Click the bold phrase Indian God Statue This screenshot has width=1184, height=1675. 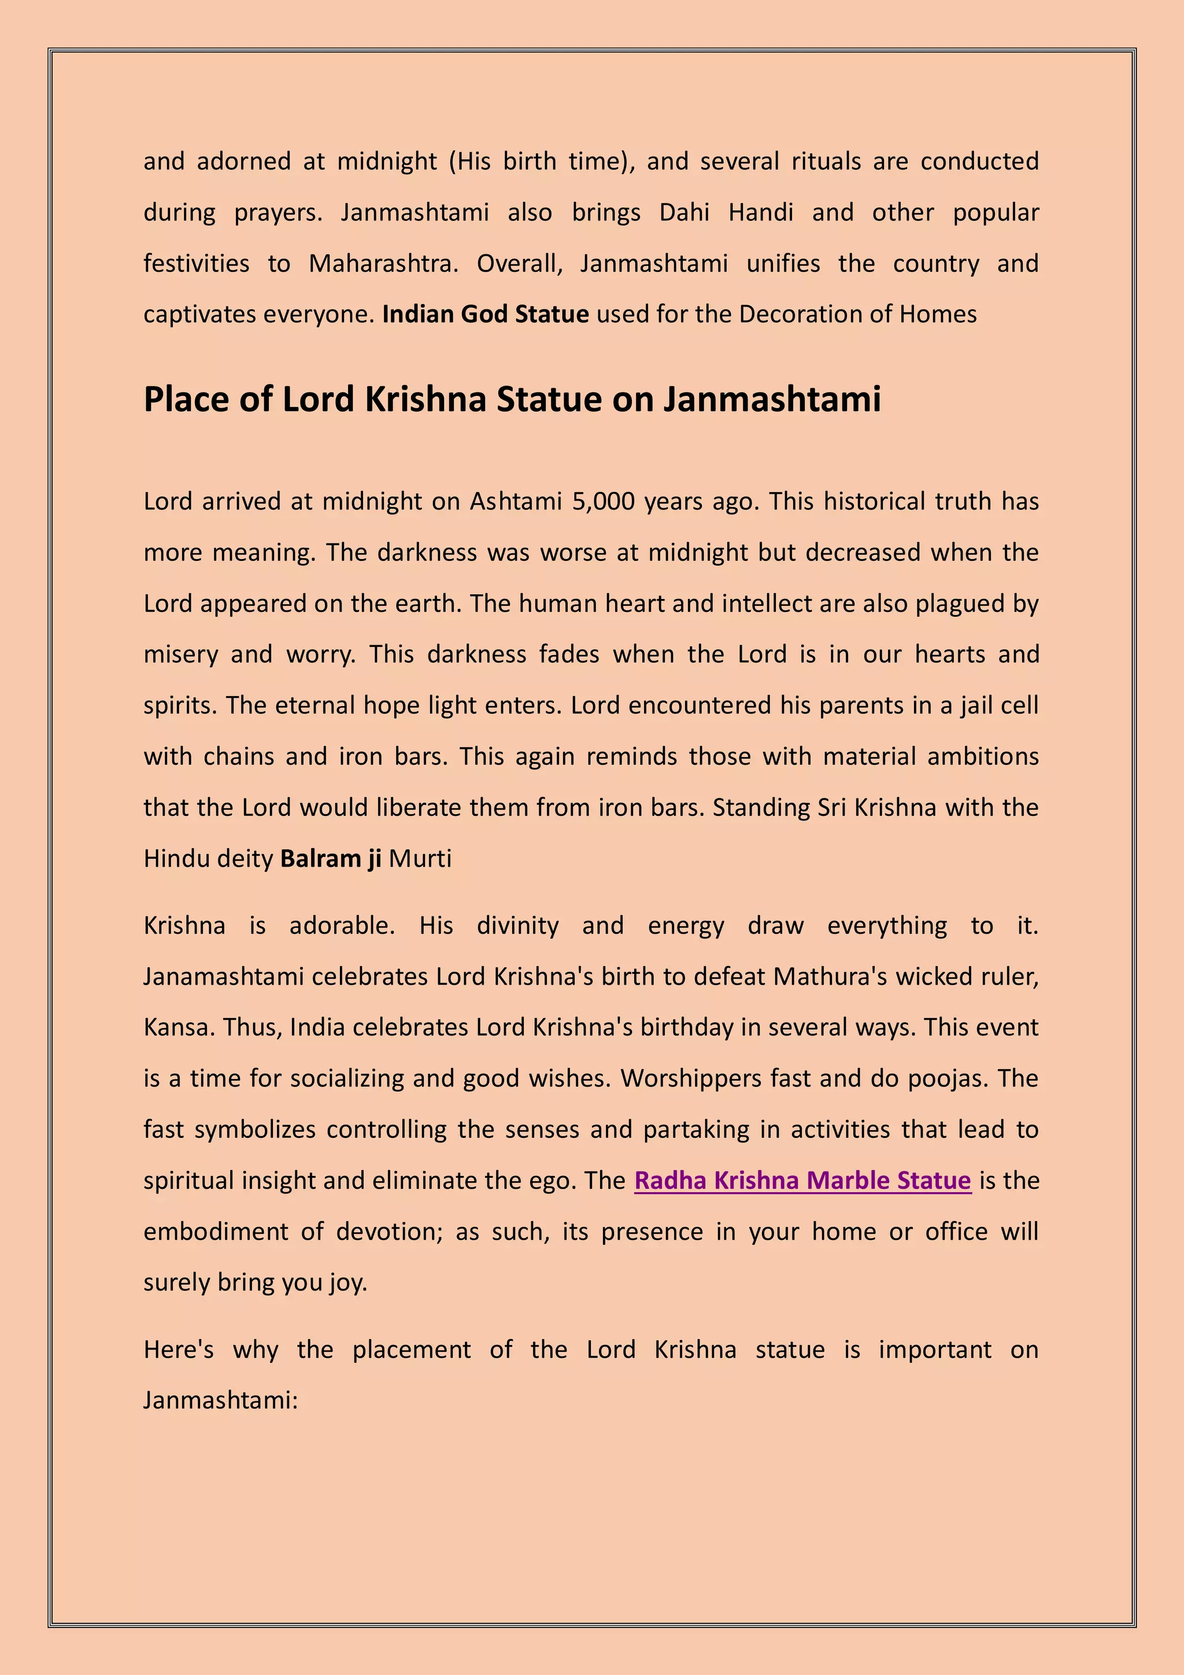485,315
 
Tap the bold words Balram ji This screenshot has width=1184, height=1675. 331,859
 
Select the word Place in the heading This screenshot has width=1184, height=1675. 183,399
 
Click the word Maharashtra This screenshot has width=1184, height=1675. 383,263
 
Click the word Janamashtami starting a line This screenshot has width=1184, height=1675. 223,977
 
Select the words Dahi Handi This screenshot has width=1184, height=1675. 726,212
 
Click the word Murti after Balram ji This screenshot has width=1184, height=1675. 420,859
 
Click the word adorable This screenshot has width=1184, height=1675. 342,926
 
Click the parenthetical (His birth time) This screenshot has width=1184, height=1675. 541,161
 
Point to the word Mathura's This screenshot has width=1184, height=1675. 830,977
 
